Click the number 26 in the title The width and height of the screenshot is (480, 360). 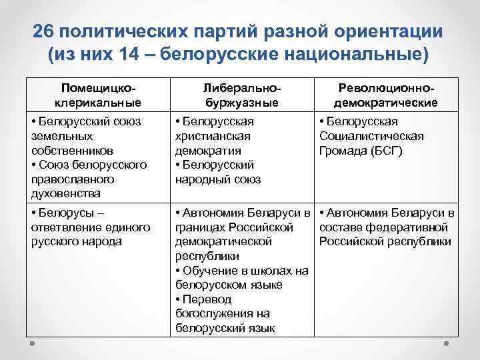[x=44, y=33]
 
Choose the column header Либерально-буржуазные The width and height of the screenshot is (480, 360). [x=241, y=95]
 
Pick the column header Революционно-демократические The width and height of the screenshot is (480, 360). [x=386, y=95]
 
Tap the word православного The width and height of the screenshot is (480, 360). [x=72, y=179]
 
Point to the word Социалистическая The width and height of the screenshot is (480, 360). [x=371, y=135]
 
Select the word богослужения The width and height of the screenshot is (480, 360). [x=212, y=314]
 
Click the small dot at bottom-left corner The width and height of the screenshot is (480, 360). [x=32, y=344]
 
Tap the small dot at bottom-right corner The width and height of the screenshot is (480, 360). [x=449, y=344]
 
